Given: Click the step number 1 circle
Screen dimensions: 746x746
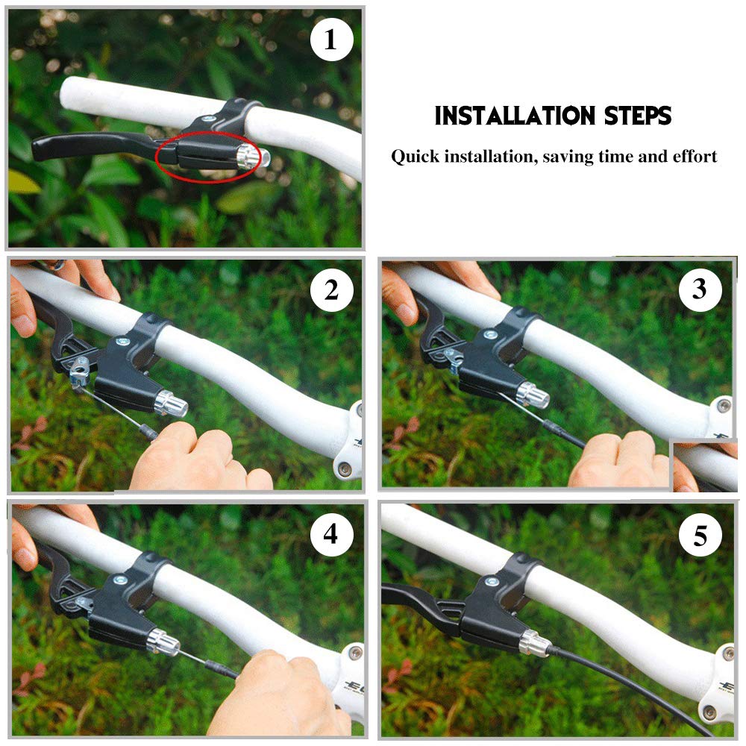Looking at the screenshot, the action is pyautogui.click(x=332, y=40).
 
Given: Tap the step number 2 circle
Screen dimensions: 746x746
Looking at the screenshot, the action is pyautogui.click(x=332, y=289).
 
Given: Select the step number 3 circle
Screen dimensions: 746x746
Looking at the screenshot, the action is pyautogui.click(x=700, y=289).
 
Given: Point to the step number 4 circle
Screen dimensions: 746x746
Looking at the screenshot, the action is pyautogui.click(x=332, y=535).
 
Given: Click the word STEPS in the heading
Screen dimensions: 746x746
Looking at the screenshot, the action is pyautogui.click(x=638, y=116).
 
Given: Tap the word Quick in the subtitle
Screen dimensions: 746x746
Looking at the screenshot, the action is pyautogui.click(x=415, y=157).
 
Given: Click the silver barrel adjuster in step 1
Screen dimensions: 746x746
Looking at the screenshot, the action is pyautogui.click(x=252, y=156).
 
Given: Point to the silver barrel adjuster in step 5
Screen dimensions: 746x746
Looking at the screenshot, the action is pyautogui.click(x=534, y=642).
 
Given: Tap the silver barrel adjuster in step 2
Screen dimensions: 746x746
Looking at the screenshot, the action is pyautogui.click(x=171, y=404).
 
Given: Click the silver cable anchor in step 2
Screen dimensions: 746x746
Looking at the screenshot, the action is pyautogui.click(x=80, y=371).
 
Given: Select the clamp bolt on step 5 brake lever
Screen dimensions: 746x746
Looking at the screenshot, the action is pyautogui.click(x=492, y=581).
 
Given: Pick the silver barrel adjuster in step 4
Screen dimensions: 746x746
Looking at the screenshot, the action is pyautogui.click(x=163, y=642).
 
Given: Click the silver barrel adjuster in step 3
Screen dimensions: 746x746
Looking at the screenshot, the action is pyautogui.click(x=533, y=395).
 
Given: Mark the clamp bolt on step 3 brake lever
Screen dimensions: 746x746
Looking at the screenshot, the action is pyautogui.click(x=491, y=335).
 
